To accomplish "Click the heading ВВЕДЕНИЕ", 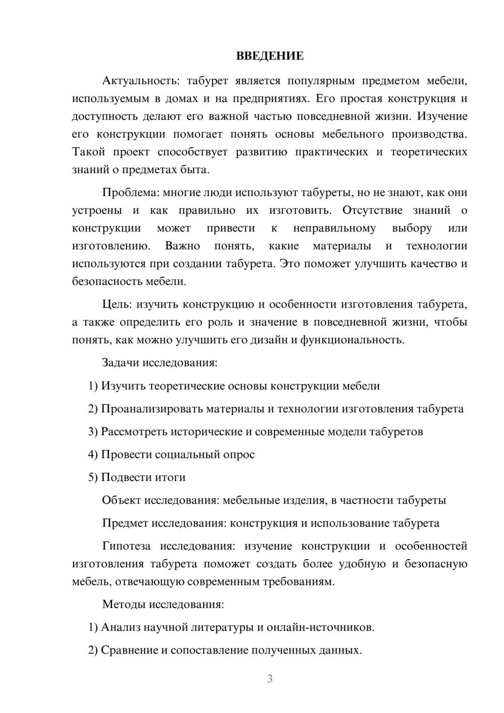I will [270, 56].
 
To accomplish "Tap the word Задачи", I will [121, 363].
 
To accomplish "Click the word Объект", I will [121, 500].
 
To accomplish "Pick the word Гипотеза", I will [126, 546].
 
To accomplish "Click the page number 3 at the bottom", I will [270, 679].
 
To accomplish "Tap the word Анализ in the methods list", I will [120, 627].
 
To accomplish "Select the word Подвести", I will [122, 477].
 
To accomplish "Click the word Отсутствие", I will [372, 210].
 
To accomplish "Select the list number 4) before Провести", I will [93, 454].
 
